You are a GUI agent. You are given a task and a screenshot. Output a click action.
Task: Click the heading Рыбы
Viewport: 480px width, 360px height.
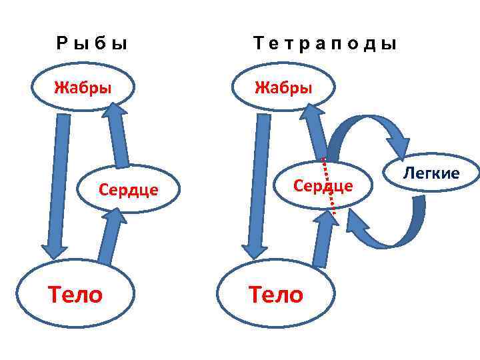pos(91,45)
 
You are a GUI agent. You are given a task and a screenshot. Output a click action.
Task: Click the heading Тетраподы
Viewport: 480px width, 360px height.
pos(325,45)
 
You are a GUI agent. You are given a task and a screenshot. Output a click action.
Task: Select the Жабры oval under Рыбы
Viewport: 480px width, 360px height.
pos(83,87)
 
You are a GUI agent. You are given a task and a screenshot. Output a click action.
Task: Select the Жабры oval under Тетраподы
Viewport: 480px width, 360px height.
pos(283,87)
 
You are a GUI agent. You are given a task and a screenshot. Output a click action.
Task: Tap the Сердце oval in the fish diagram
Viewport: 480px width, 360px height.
pos(129,189)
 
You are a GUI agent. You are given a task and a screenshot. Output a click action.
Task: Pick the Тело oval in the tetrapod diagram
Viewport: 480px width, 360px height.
pos(275,293)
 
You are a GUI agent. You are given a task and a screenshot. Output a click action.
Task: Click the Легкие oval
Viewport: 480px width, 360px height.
pos(431,173)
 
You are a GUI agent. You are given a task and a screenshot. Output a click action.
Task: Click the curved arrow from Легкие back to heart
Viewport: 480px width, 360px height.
pos(393,230)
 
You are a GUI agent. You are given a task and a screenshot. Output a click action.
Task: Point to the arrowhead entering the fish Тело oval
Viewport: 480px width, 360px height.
pos(54,250)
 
